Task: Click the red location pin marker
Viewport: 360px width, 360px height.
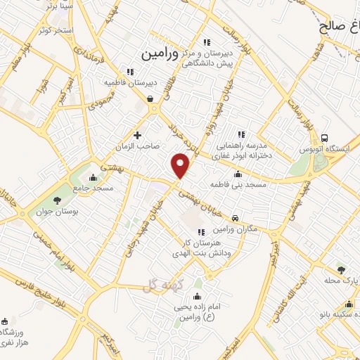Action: [x=181, y=166]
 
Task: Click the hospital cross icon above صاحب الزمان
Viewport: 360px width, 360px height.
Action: [x=137, y=134]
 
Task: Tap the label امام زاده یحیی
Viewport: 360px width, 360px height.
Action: [x=196, y=309]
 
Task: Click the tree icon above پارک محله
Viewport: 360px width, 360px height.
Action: [x=341, y=269]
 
